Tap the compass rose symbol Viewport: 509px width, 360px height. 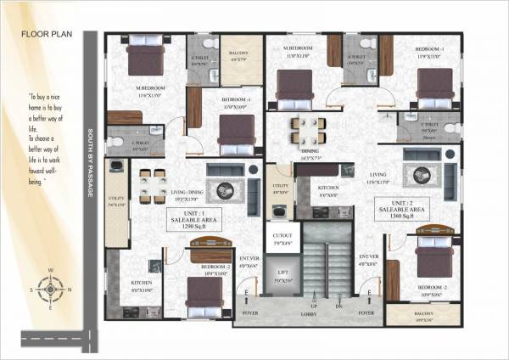(x=50, y=289)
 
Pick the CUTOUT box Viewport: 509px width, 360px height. (x=282, y=239)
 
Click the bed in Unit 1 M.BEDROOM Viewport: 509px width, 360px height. (x=146, y=59)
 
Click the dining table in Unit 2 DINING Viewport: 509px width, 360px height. (x=307, y=131)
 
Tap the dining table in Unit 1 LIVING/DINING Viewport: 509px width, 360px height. (x=153, y=184)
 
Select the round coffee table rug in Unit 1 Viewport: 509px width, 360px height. (x=226, y=188)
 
